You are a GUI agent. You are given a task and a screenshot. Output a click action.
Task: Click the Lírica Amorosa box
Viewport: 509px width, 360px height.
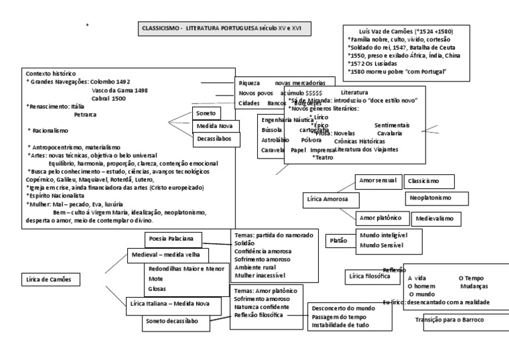click(x=331, y=199)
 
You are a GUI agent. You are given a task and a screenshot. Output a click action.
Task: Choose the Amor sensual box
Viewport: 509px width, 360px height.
click(x=377, y=180)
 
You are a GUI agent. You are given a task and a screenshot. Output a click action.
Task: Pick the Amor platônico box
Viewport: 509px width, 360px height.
click(x=380, y=217)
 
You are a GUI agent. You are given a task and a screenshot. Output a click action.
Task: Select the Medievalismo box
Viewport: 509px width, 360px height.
click(x=439, y=218)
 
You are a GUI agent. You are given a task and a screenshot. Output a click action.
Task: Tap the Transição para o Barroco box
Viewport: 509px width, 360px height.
click(x=449, y=320)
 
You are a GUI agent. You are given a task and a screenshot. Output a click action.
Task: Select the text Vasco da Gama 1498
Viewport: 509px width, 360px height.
click(x=119, y=90)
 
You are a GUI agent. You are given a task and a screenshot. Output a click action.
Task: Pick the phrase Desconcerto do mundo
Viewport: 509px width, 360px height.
click(x=343, y=308)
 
